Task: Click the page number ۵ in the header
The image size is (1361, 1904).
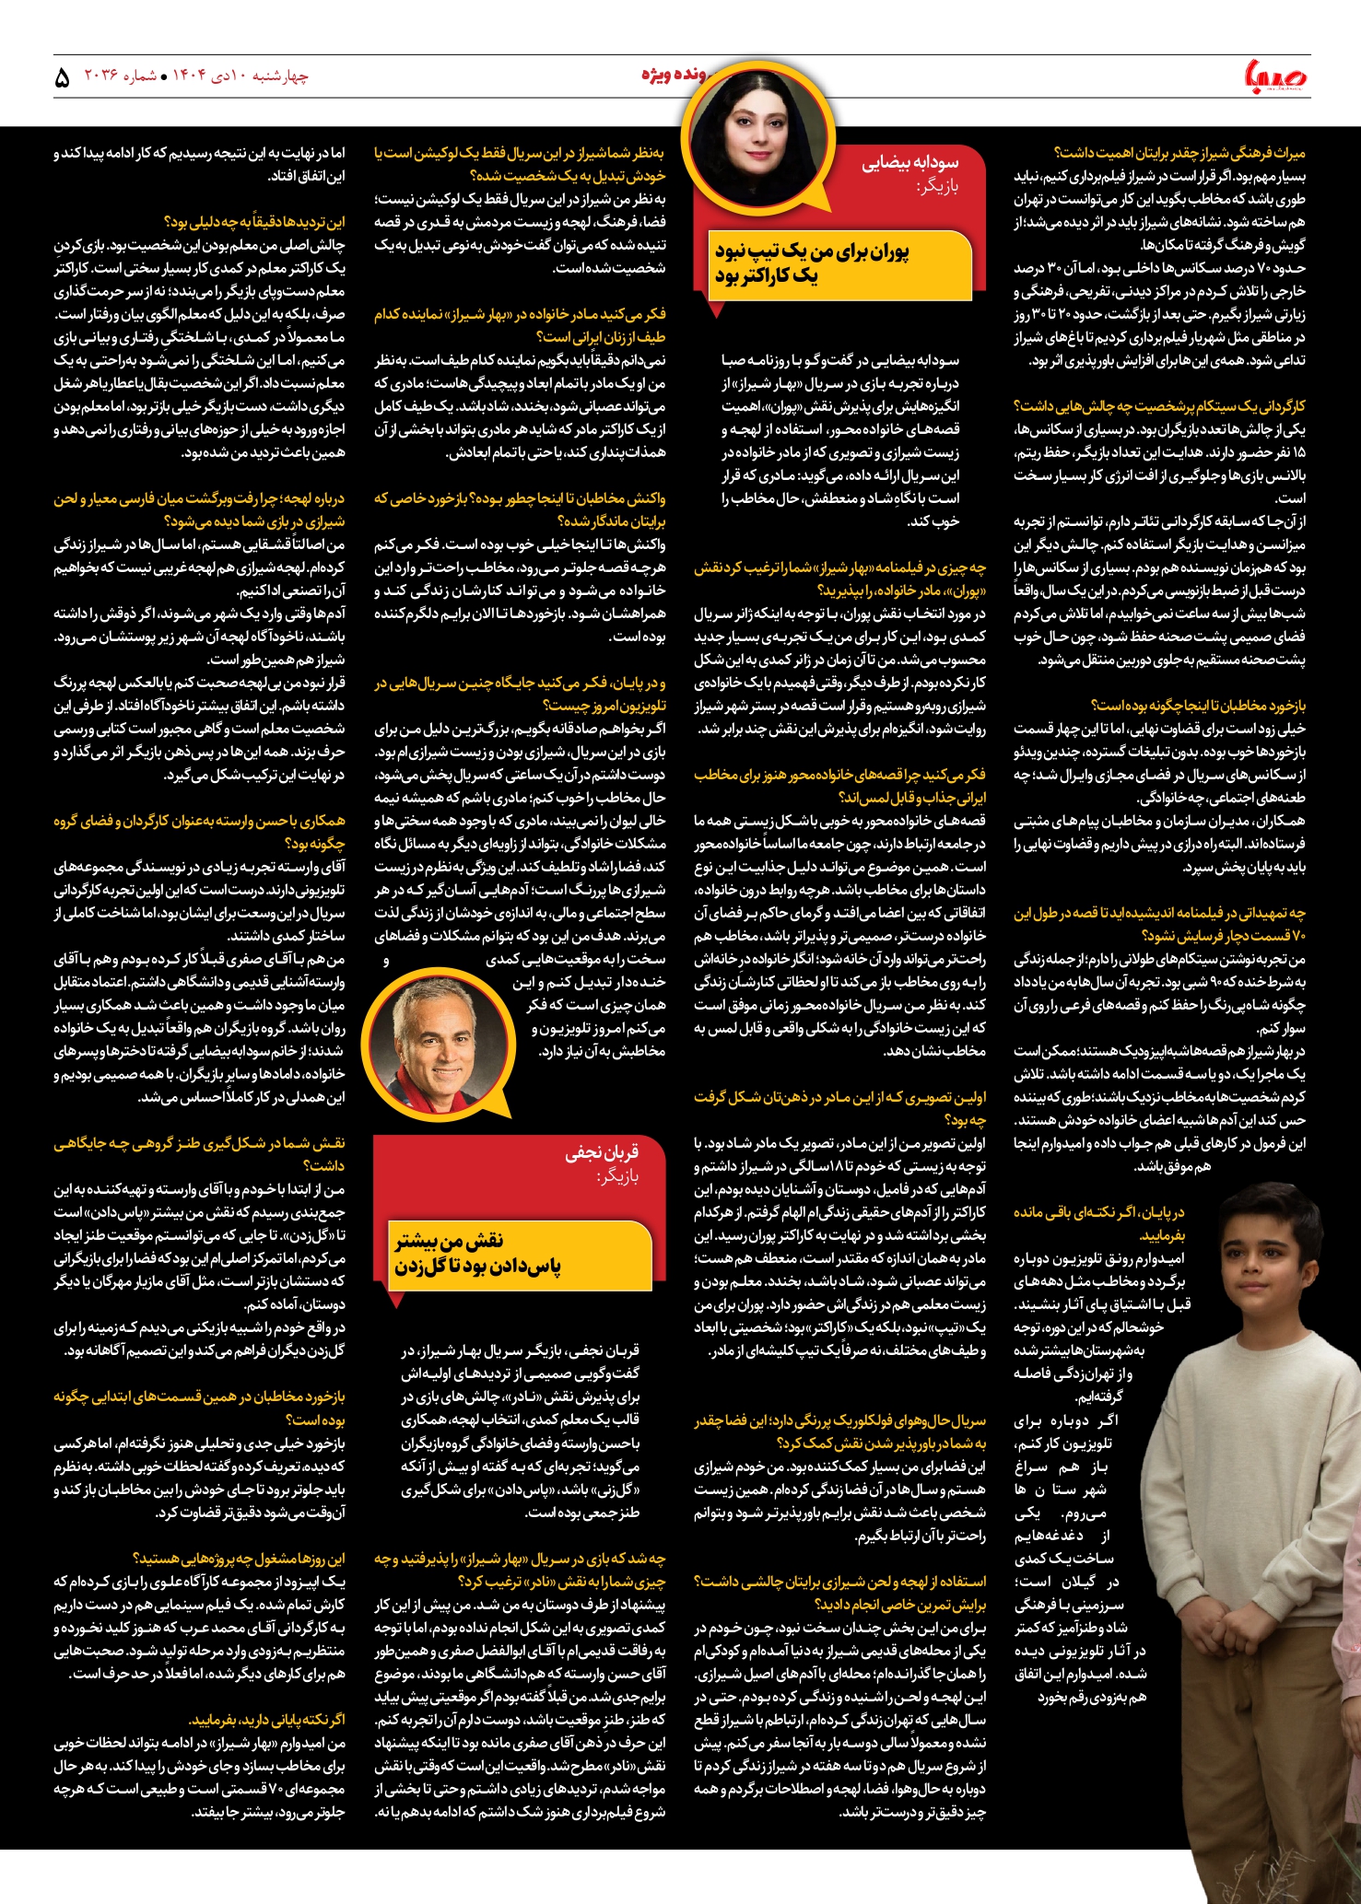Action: (x=62, y=78)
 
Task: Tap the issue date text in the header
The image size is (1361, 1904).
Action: (x=196, y=76)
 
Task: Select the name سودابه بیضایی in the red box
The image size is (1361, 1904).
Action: (x=909, y=163)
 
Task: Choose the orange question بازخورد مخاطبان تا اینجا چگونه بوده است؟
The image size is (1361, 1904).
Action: (x=1198, y=706)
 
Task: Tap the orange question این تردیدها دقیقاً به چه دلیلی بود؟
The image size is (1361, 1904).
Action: (x=254, y=222)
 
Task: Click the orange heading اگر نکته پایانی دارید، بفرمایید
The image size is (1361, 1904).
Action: (x=267, y=1720)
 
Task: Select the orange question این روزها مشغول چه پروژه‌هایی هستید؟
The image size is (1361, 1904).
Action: (x=240, y=1559)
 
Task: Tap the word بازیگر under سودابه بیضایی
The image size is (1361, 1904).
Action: (x=937, y=187)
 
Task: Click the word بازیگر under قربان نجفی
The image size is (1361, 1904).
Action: (x=617, y=1176)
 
